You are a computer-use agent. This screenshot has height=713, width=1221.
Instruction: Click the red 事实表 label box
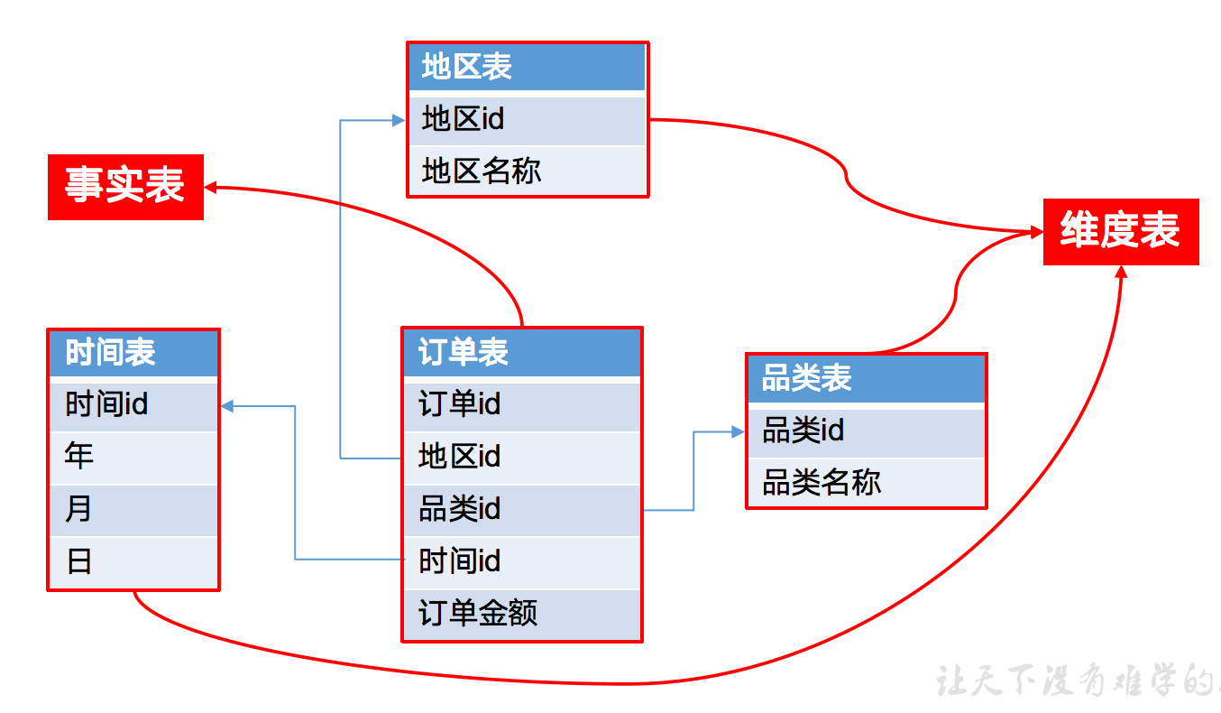tap(125, 187)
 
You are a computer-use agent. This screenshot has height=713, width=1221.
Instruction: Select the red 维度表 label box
tap(1120, 232)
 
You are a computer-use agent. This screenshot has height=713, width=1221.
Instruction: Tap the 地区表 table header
tap(527, 67)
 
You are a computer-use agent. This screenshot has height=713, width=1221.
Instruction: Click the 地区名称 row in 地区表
tap(527, 171)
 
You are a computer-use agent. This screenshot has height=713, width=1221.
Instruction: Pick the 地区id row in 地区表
tap(527, 119)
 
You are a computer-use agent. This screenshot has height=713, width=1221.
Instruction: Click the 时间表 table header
tap(133, 353)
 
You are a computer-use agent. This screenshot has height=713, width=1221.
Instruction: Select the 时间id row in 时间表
tap(133, 404)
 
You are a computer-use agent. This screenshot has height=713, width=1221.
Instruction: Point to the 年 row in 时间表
tap(133, 457)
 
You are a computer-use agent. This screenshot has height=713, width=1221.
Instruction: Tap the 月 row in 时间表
tap(133, 509)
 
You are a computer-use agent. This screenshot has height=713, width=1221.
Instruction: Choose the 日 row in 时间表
tap(133, 562)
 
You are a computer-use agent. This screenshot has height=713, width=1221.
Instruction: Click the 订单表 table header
tap(521, 352)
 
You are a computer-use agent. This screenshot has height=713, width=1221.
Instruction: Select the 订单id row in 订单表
tap(521, 403)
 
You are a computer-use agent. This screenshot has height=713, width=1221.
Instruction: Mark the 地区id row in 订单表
tap(521, 457)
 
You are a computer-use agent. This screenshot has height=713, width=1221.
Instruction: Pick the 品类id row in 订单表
tap(521, 509)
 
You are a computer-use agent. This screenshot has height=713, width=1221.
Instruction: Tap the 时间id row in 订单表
tap(521, 561)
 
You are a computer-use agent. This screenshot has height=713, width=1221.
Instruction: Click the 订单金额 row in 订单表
tap(521, 614)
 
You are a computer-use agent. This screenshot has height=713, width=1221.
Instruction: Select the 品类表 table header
tap(866, 378)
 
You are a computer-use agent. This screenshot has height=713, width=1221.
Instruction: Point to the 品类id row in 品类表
tap(866, 431)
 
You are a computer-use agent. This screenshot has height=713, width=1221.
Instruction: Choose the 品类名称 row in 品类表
tap(866, 483)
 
